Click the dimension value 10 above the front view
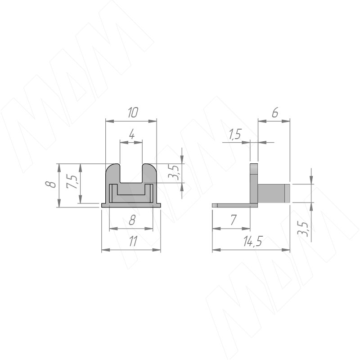(x=133, y=113)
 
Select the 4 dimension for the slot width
(x=132, y=135)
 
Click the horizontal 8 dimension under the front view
(x=132, y=220)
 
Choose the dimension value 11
(x=133, y=242)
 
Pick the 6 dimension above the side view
(x=275, y=113)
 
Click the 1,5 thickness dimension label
(x=235, y=134)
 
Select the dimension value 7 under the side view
(x=233, y=220)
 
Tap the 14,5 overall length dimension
(x=252, y=242)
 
